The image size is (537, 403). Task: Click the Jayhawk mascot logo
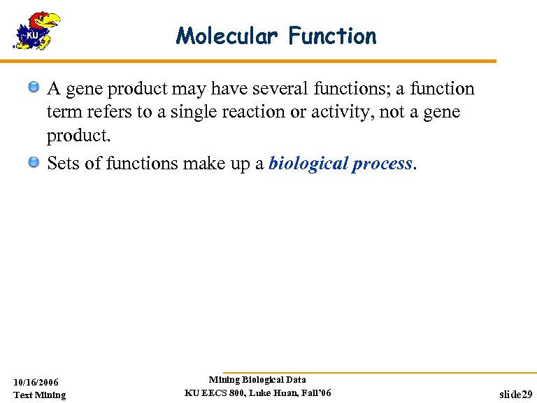37,31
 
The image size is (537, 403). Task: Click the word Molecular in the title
227,36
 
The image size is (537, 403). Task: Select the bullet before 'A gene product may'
34,87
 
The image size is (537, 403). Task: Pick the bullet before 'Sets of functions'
34,162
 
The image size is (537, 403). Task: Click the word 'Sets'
61,163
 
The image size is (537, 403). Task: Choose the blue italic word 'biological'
308,164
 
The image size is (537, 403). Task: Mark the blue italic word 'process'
382,164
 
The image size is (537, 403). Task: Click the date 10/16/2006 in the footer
36,382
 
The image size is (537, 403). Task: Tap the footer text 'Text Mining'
40,395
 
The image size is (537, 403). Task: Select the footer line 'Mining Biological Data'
257,379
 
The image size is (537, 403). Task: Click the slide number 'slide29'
515,395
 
